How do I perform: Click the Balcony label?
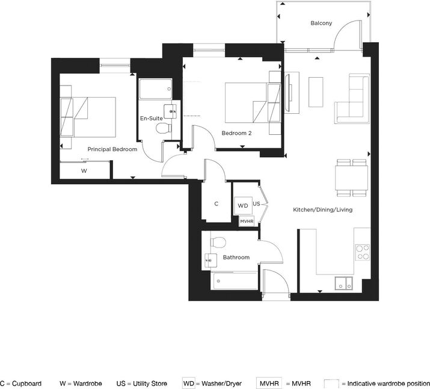coord(321,23)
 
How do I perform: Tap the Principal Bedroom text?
coord(112,149)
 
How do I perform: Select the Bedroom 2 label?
coord(236,133)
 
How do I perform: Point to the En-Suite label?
coord(152,118)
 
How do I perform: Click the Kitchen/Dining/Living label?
coord(323,210)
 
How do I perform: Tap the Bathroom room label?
coord(236,258)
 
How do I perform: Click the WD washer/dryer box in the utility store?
coord(243,205)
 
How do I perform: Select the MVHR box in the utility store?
coord(247,221)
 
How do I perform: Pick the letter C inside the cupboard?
coord(217,204)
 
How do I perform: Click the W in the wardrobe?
coord(84,171)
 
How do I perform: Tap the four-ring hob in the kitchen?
coord(363,252)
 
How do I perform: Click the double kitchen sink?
coord(343,283)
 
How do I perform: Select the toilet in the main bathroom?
coord(218,242)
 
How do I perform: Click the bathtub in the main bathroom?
coord(235,281)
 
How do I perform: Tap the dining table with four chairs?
coord(352,178)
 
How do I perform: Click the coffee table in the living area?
coord(316,92)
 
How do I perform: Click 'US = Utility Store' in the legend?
coord(141,384)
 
